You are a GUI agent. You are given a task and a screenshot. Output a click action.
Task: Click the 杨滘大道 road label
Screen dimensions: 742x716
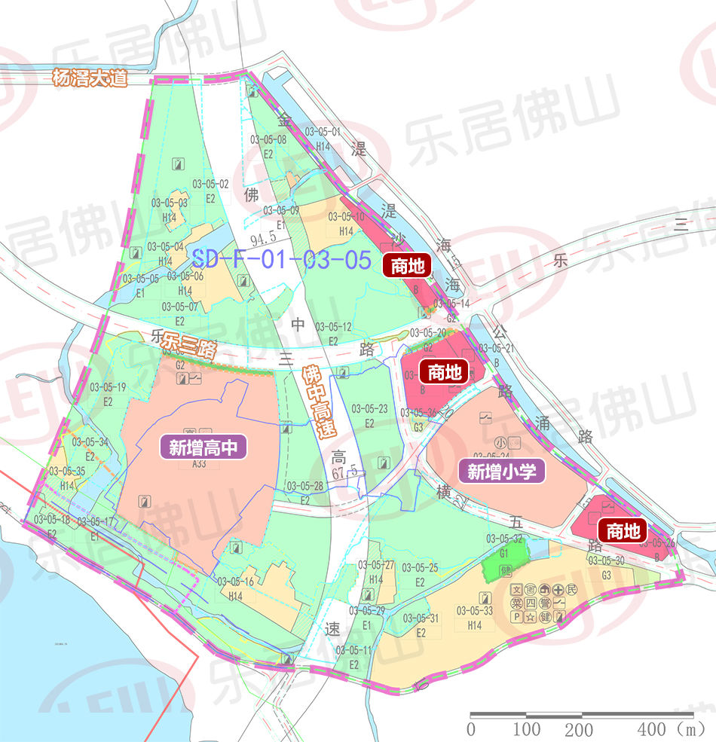(x=90, y=78)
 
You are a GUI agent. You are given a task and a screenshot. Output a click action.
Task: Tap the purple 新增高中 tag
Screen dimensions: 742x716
(x=203, y=448)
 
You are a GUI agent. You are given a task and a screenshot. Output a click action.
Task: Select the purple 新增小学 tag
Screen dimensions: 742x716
(x=501, y=472)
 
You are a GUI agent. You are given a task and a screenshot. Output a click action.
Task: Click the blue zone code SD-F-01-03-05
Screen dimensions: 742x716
(x=281, y=260)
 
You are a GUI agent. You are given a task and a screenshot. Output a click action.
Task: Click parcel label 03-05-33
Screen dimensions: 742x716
(x=474, y=611)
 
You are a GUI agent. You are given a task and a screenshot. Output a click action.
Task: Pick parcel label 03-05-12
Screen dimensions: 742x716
(x=333, y=327)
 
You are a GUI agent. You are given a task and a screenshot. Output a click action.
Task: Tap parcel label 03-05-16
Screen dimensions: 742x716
(x=234, y=582)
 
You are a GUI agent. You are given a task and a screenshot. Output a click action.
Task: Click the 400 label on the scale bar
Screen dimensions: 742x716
(x=650, y=728)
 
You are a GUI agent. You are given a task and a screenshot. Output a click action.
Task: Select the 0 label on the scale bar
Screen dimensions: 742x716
(x=472, y=728)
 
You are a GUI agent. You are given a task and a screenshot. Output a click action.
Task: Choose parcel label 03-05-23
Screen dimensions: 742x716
(x=369, y=409)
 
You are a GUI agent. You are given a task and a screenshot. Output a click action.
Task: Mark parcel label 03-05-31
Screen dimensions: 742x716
(x=421, y=618)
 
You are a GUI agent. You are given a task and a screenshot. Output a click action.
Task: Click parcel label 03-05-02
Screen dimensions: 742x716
(x=210, y=184)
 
